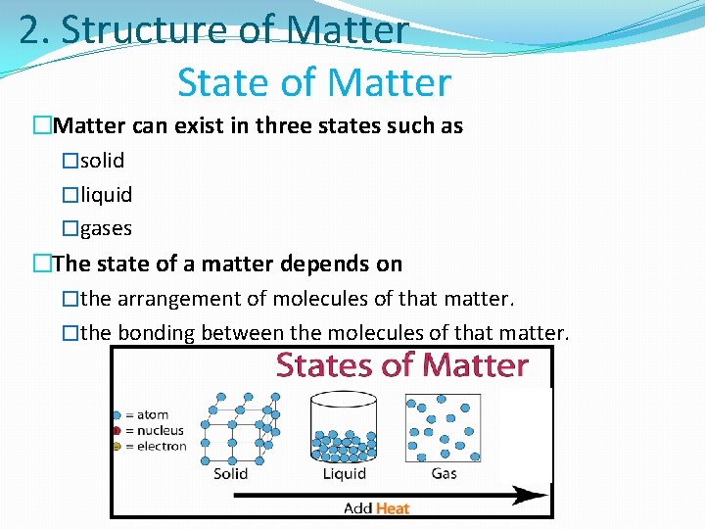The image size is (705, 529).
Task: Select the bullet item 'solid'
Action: (102, 160)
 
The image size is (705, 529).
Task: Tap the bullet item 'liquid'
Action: (106, 194)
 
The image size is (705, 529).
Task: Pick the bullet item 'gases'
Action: (106, 228)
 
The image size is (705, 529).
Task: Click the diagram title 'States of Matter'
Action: (401, 365)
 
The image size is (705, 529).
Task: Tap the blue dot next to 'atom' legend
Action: (117, 415)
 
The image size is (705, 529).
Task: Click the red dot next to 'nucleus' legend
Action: (117, 431)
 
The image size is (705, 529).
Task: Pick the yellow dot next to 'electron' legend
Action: (117, 447)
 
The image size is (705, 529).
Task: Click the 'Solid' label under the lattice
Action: (231, 474)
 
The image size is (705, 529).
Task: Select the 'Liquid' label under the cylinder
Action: (344, 474)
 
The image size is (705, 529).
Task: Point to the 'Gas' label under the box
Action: (444, 474)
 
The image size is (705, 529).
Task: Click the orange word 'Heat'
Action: (392, 507)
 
